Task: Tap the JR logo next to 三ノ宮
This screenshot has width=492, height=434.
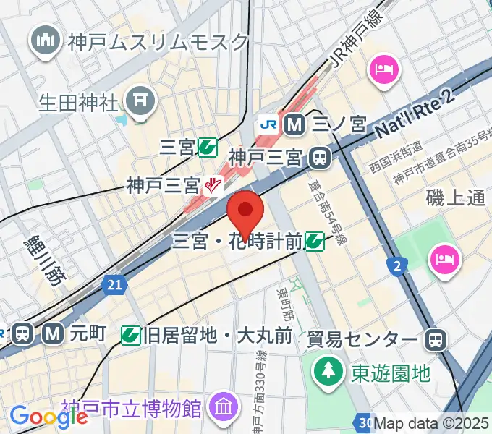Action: [268, 124]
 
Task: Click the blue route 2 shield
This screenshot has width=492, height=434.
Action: [396, 267]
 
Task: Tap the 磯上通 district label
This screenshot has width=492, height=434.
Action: [455, 197]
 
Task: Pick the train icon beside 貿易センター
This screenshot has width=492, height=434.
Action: [436, 338]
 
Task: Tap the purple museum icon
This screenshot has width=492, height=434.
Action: [222, 407]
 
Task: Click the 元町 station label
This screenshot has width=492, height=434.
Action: [88, 333]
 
